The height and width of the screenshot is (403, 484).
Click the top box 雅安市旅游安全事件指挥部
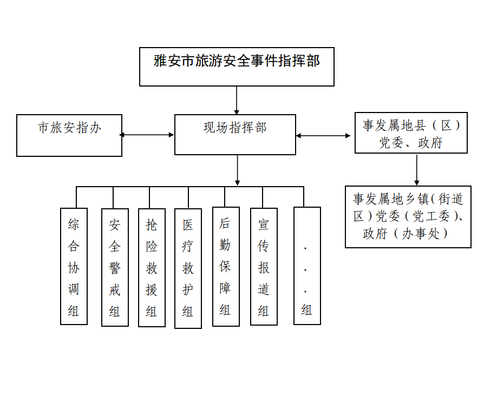coord(237,67)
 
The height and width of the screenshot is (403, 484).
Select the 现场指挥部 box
coord(235,135)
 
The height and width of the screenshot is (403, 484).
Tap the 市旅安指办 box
coord(69,135)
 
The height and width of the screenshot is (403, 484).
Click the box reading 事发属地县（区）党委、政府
coord(411,133)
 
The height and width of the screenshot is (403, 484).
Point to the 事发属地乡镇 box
coord(408,217)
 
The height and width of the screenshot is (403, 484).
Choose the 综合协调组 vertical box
coord(74,266)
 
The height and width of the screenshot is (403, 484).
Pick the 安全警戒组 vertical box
coord(115,267)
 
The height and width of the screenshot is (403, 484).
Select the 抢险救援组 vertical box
coord(152,268)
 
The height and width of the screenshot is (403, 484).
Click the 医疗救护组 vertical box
coord(188,268)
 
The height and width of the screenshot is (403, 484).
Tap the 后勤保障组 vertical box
coord(226,267)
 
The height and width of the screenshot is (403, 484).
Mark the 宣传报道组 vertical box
coord(264,267)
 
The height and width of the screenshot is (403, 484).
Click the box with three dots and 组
coord(307,266)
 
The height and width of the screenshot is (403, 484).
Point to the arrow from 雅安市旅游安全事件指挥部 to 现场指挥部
coord(237,101)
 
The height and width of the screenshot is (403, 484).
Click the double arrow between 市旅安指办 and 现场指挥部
coord(147,135)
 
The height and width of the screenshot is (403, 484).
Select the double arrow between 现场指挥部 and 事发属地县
coord(323,136)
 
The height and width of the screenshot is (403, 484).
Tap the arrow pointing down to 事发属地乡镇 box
coord(417,170)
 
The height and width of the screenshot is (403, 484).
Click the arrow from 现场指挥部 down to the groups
coord(237,170)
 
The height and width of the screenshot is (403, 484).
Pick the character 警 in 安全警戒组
coord(115,268)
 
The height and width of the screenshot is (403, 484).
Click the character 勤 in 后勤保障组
coord(225,245)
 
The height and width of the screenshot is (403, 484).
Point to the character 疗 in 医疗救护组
coord(188,247)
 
